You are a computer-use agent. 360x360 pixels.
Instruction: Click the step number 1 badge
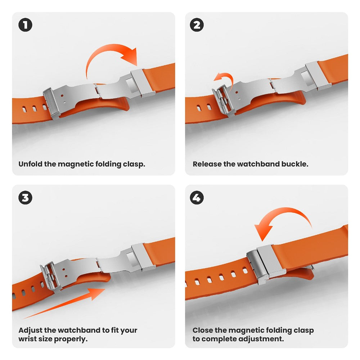[x=25, y=25]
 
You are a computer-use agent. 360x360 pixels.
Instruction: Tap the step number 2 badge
[x=197, y=25]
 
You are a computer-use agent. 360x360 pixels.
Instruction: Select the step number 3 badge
[x=25, y=198]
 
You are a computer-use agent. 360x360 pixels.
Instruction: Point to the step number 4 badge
[x=197, y=198]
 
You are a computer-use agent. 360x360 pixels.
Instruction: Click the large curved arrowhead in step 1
[x=130, y=56]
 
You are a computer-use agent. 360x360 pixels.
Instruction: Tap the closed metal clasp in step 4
[x=266, y=264]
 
